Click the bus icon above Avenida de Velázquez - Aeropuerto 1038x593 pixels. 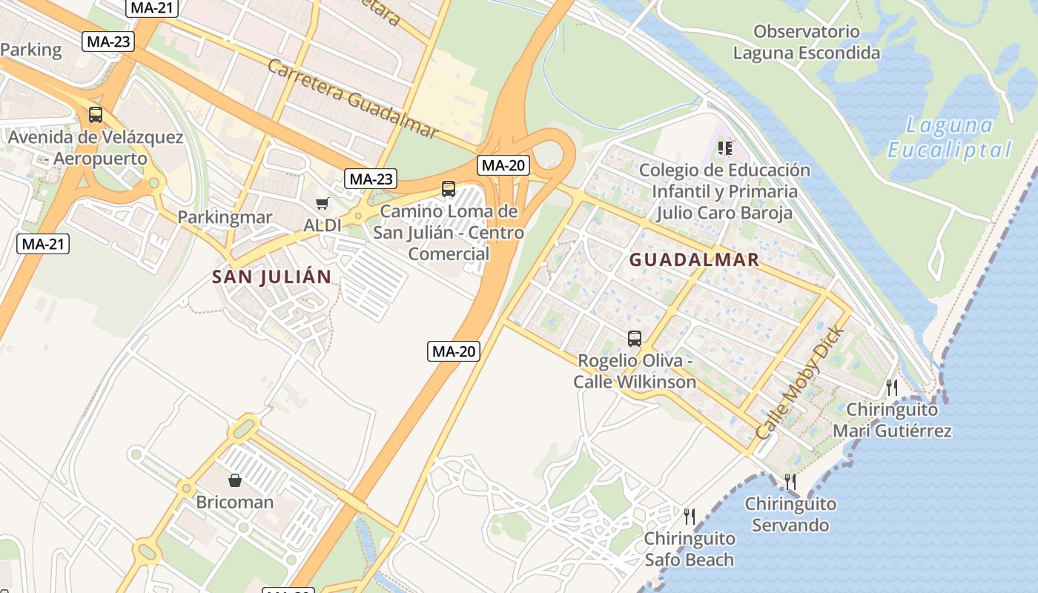[96, 115]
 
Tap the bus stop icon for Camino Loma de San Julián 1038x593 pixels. [449, 189]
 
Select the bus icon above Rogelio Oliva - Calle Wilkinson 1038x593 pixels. [635, 339]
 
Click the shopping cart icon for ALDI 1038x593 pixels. [322, 203]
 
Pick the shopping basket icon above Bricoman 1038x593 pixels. [235, 480]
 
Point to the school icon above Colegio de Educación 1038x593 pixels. [724, 148]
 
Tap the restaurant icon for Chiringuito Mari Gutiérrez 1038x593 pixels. [892, 387]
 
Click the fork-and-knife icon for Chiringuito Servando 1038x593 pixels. [790, 482]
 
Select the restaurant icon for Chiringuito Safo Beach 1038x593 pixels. [689, 516]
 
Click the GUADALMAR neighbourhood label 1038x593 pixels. [695, 259]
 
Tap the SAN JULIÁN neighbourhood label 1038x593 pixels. [271, 277]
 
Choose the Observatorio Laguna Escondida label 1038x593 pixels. [807, 42]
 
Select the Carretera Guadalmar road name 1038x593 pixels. [352, 98]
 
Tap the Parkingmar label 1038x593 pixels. [225, 218]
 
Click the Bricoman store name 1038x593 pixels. [235, 502]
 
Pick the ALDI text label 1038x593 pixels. [323, 225]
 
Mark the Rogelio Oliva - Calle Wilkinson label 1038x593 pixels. [635, 371]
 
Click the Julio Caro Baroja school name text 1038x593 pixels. [724, 213]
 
